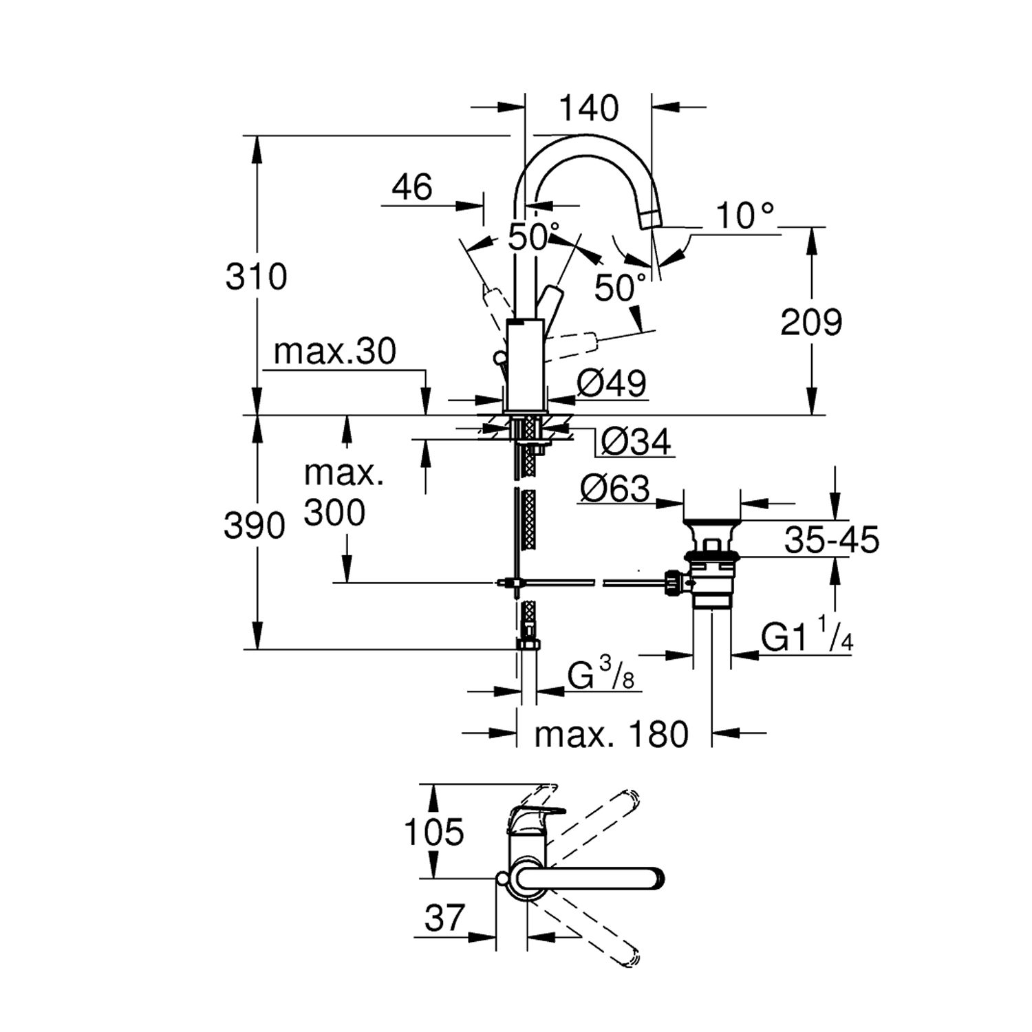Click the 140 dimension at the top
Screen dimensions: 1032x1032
pyautogui.click(x=588, y=109)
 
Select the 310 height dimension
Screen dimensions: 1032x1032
pyautogui.click(x=256, y=277)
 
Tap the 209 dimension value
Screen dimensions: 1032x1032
pyautogui.click(x=811, y=322)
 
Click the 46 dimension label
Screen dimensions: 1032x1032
pyautogui.click(x=412, y=187)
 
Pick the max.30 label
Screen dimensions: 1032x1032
pyautogui.click(x=335, y=352)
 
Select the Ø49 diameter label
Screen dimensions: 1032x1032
pyautogui.click(x=612, y=383)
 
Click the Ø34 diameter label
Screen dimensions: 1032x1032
pyautogui.click(x=635, y=442)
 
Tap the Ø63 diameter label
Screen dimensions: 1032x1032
pyautogui.click(x=614, y=489)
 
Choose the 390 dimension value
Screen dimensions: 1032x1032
pyautogui.click(x=254, y=526)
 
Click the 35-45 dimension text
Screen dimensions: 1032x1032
pyautogui.click(x=832, y=540)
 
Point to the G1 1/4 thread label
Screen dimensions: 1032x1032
pyautogui.click(x=807, y=638)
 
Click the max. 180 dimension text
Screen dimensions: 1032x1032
pyautogui.click(x=611, y=735)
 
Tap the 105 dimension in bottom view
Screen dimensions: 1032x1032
pyautogui.click(x=434, y=832)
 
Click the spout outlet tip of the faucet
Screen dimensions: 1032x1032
pyautogui.click(x=651, y=219)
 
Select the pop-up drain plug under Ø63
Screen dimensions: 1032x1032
pyautogui.click(x=712, y=533)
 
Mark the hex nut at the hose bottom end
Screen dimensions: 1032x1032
pyautogui.click(x=528, y=645)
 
